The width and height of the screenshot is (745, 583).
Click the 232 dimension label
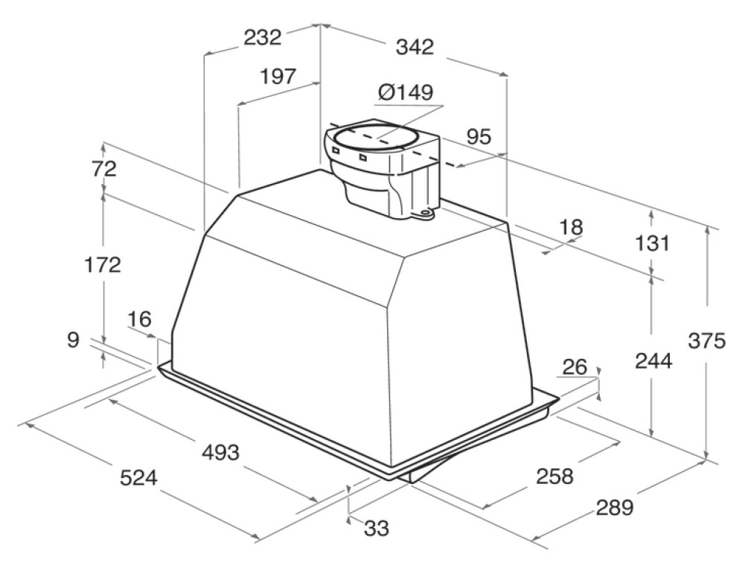[x=262, y=37]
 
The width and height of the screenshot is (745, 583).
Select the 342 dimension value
[x=415, y=47]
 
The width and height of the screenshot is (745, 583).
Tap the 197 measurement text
[x=278, y=76]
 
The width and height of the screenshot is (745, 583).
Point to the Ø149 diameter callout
[x=406, y=92]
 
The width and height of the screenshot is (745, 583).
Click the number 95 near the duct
[x=479, y=137]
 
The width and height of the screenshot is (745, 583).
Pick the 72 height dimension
[x=104, y=169]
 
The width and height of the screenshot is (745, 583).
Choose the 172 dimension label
[x=103, y=264]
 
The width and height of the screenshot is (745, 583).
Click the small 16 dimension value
[x=139, y=319]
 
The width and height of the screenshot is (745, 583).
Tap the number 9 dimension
[x=73, y=340]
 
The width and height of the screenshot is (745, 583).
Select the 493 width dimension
[x=220, y=453]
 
